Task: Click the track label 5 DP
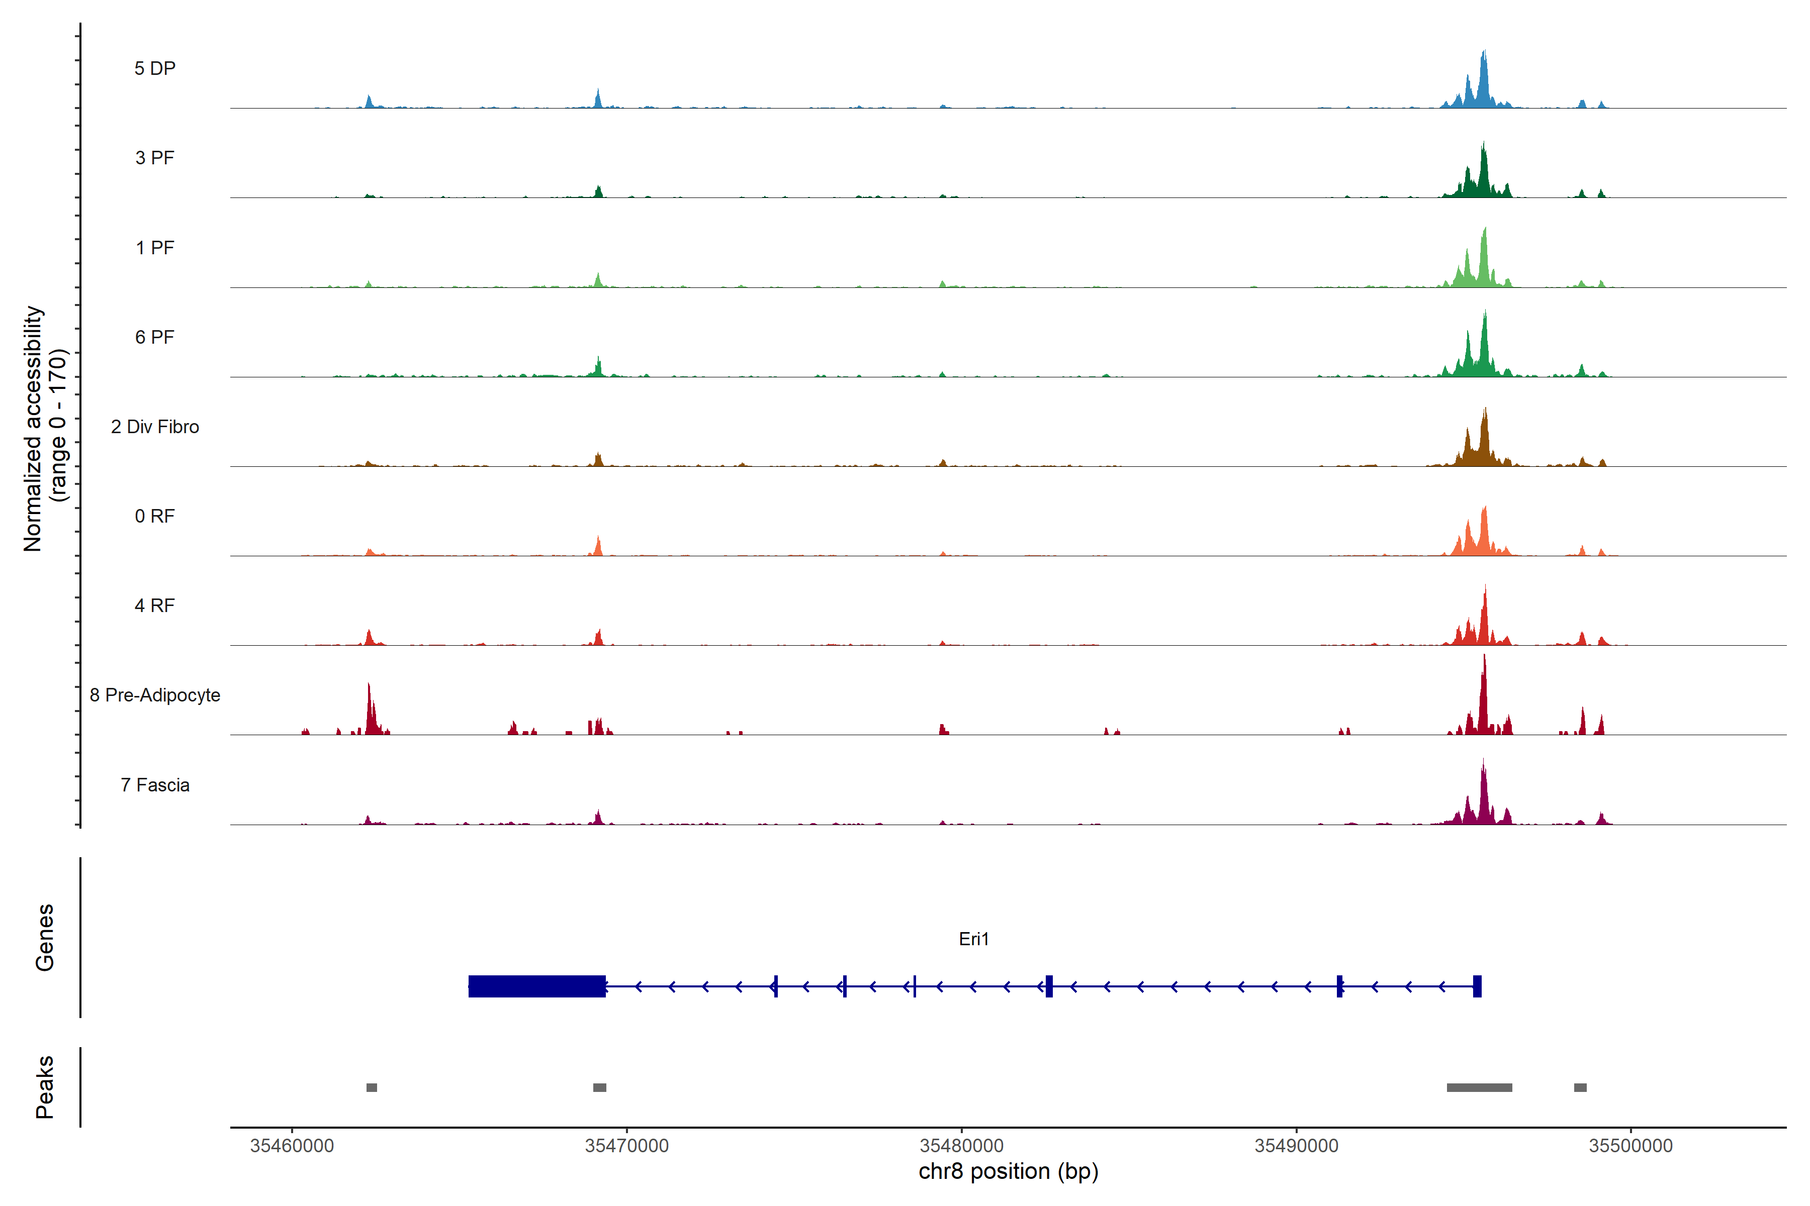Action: pos(155,68)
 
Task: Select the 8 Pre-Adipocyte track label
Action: pos(155,695)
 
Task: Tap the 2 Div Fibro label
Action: pos(155,427)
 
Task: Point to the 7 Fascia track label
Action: pos(155,785)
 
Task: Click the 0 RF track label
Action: pos(155,516)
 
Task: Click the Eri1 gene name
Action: pos(973,939)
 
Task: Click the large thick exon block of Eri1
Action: pos(536,986)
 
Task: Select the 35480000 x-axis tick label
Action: pos(961,1146)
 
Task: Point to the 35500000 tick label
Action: pos(1631,1146)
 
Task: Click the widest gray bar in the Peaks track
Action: pos(1479,1087)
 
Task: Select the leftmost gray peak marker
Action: pos(372,1087)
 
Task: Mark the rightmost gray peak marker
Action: pos(1580,1087)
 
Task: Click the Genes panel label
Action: pos(45,938)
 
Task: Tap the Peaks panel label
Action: pos(45,1087)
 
